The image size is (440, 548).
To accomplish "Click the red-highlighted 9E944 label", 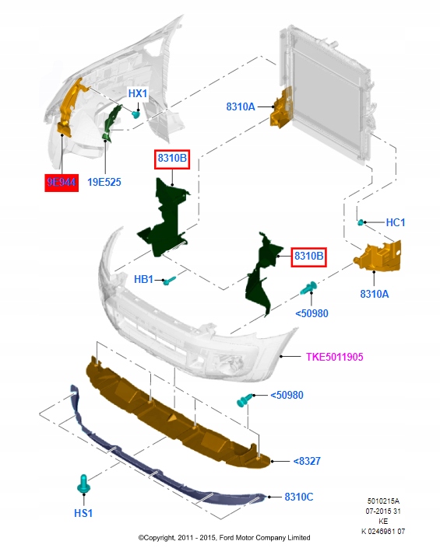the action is pos(62,182).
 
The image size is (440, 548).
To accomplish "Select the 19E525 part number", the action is pos(104,182).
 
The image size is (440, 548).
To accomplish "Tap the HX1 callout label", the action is pos(138,93).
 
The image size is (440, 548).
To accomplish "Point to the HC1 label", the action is pos(395,222).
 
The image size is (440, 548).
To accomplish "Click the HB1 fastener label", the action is pos(143,279).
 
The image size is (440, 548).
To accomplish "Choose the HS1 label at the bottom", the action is pos(83,513).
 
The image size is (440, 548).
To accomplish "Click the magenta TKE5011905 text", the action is pos(335,357).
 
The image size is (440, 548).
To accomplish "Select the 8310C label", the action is pos(299,497).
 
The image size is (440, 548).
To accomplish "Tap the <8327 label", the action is pos(307,461).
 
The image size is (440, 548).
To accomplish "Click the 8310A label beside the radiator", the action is pos(241,106).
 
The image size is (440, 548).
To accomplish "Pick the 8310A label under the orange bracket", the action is pos(375,294).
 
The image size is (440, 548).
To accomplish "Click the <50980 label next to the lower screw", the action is pos(287,395).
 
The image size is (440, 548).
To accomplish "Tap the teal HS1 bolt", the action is pos(83,484).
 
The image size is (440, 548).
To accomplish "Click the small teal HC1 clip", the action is pos(361,222).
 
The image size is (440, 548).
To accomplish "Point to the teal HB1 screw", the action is pos(170,280).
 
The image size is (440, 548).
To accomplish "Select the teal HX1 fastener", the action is pos(136,114).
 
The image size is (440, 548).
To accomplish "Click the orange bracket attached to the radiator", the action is pos(281,107).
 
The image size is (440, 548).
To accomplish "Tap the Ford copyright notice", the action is pos(224,538).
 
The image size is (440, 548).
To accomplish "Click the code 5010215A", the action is pos(383,501).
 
